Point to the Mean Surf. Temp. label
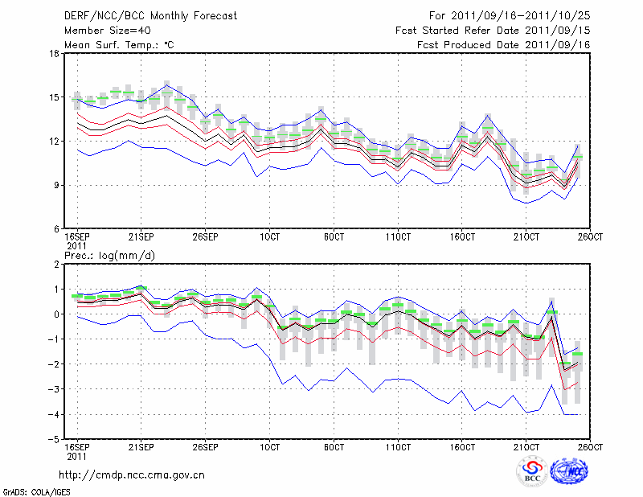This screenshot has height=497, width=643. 118,45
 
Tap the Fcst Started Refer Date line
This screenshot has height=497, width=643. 493,31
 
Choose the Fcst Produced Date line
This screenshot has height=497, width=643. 504,45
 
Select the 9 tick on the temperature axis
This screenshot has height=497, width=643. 56,185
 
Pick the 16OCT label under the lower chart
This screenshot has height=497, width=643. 462,446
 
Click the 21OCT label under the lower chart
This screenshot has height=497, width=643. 526,446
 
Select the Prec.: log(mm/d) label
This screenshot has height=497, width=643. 106,256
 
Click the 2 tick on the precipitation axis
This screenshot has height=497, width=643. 56,265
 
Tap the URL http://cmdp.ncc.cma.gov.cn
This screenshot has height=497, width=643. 131,474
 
